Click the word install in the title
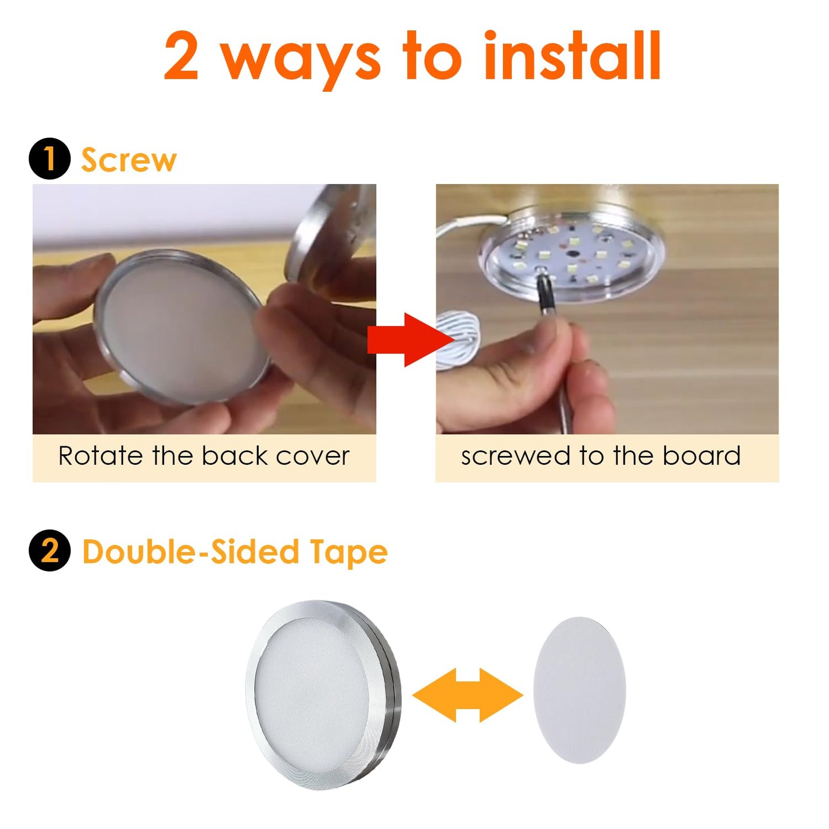572,57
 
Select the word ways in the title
301,60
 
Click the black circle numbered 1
49,159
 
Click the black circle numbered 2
49,550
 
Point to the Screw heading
129,160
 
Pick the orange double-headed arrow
468,695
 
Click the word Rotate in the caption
100,457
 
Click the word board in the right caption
702,457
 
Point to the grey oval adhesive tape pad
579,690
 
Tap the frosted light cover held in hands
181,327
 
